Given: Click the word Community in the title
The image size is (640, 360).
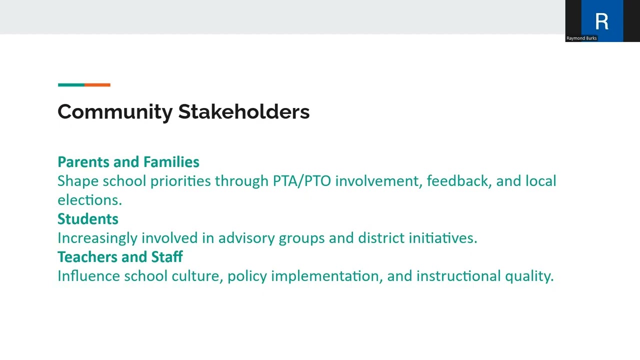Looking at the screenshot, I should tap(115, 111).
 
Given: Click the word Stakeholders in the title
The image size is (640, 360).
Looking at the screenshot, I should tap(244, 111).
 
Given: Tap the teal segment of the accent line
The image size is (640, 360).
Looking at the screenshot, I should tap(71, 85).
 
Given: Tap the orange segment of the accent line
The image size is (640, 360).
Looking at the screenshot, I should tap(97, 85).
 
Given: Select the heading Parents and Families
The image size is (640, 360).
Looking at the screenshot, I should tap(128, 162).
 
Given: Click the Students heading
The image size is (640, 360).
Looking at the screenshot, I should tap(88, 219).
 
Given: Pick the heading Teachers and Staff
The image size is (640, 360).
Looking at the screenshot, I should tap(120, 257).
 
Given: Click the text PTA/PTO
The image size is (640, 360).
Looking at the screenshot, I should tap(302, 181).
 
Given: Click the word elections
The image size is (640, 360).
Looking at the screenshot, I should tap(89, 200).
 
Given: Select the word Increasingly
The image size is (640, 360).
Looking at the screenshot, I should tap(97, 238).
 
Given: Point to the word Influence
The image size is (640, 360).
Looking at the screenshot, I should tap(88, 276).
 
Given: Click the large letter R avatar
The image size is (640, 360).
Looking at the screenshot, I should tap(602, 21).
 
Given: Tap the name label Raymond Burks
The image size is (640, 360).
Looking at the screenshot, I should tap(581, 38).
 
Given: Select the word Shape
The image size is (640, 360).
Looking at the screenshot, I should tap(73, 181).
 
